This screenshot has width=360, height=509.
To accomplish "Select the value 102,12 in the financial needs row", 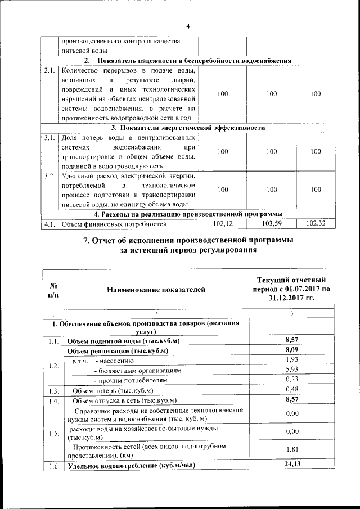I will pos(223,224).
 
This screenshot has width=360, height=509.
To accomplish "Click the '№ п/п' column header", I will pos(54,289).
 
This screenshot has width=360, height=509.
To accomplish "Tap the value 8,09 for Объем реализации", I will pos(291,350).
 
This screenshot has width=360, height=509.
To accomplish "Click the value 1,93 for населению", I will pos(291,359).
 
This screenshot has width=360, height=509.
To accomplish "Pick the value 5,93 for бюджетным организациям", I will pos(291,370).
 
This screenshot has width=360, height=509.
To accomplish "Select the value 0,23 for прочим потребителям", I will pos(291,380).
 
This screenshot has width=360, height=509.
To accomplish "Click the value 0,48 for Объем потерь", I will pos(291,389).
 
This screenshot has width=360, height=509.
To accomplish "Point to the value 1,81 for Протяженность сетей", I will pos(291,450).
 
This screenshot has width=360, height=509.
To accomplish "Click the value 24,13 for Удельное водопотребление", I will pos(291,465).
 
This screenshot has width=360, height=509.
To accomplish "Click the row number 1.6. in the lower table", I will pos(54,466).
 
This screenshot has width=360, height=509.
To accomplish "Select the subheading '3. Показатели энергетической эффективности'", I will pos(188,128).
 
